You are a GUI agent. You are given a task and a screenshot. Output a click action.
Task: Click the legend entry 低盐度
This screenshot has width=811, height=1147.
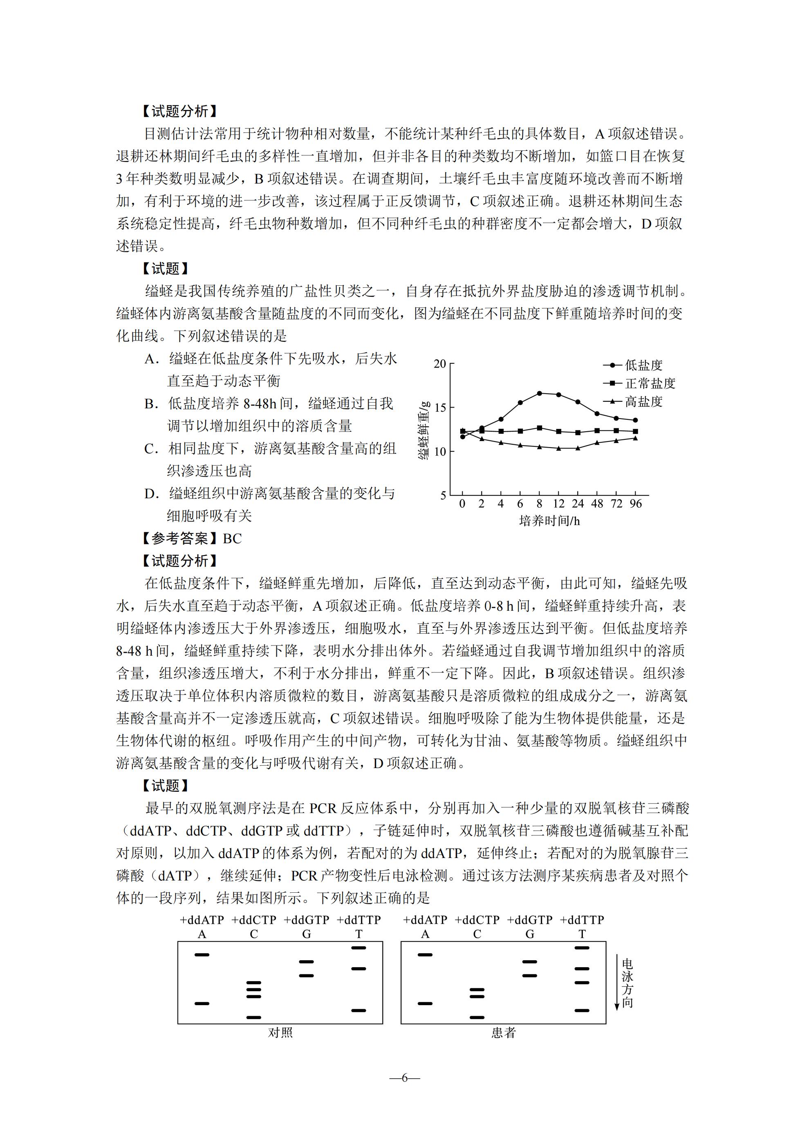tap(643, 365)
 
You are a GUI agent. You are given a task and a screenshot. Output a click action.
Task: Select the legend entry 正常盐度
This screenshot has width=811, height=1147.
tap(650, 383)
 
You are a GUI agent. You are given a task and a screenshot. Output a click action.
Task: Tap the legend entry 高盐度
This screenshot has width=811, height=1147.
tap(643, 401)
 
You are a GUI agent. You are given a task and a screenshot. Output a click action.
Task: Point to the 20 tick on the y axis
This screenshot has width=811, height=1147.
tap(440, 364)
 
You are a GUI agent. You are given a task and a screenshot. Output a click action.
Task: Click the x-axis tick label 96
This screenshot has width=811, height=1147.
tap(635, 504)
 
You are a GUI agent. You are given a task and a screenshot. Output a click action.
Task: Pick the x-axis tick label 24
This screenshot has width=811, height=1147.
tap(578, 504)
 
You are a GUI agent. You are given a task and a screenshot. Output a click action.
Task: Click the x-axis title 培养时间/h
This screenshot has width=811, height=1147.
tap(549, 521)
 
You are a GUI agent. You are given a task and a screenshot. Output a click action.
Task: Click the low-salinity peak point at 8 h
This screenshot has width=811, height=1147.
tap(539, 393)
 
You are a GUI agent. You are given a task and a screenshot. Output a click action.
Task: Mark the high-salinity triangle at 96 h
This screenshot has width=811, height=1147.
tap(635, 438)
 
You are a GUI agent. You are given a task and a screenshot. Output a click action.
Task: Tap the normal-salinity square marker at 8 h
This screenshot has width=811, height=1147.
tap(539, 428)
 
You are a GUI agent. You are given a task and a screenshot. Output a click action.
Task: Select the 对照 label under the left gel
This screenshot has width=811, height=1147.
tap(280, 1033)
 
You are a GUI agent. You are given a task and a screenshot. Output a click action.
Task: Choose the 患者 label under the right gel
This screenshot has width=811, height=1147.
tap(503, 1033)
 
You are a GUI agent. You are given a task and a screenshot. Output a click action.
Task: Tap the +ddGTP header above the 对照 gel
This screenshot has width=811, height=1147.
tap(306, 920)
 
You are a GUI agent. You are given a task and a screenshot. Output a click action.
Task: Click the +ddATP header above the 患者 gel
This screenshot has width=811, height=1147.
tap(425, 920)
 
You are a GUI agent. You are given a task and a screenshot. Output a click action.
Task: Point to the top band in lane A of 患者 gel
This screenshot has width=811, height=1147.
tap(425, 954)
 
